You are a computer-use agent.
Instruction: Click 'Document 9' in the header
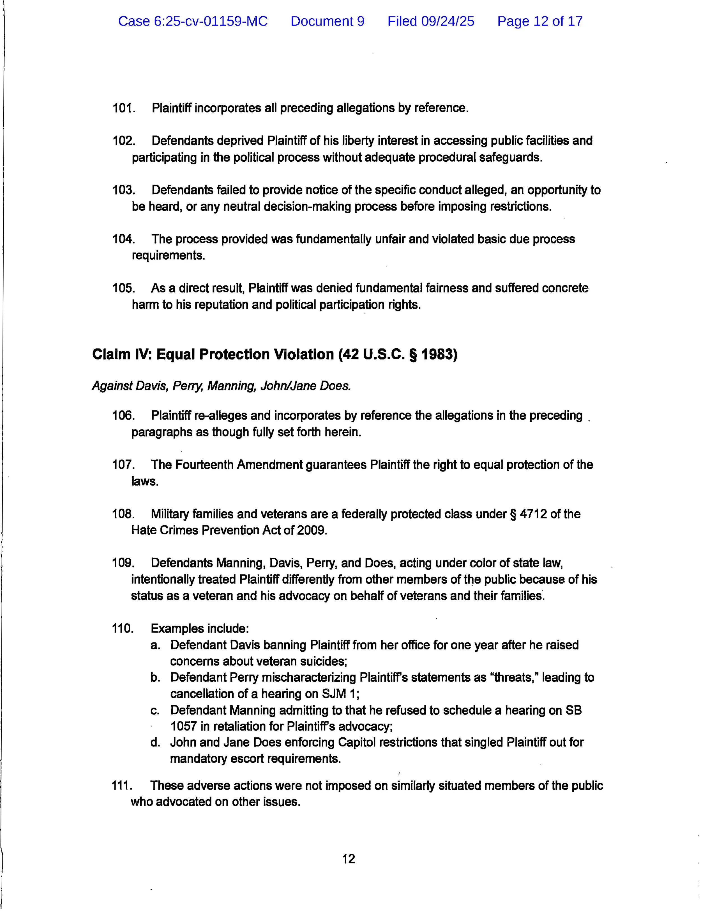click(x=327, y=21)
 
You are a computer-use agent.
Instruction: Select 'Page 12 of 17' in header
click(x=540, y=21)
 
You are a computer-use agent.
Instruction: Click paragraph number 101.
click(x=123, y=108)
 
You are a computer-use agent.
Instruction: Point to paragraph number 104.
click(x=123, y=239)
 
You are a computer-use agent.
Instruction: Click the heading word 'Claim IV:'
click(x=123, y=354)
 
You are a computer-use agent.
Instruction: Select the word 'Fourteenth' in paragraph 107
click(x=204, y=465)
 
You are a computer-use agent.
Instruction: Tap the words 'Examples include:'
click(x=200, y=629)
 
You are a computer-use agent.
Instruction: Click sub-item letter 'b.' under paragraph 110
click(x=155, y=677)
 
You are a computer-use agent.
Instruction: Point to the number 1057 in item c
click(x=183, y=726)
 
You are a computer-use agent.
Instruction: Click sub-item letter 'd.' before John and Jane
click(x=155, y=743)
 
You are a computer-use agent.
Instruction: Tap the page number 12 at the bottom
click(x=349, y=859)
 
